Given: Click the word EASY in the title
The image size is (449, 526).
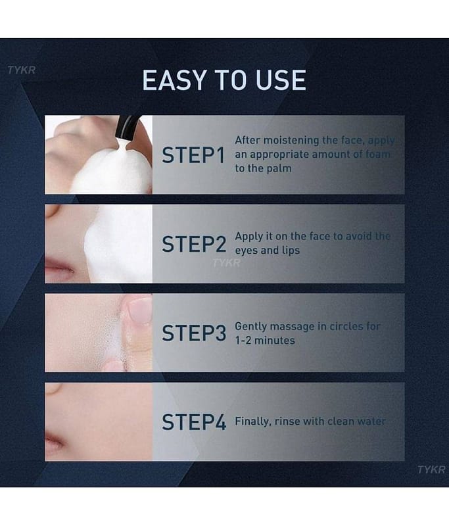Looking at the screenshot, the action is click(174, 80).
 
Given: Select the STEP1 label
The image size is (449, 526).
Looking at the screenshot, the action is click(193, 155).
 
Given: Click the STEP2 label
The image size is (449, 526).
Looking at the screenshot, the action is click(194, 244).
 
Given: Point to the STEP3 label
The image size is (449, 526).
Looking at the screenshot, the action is click(194, 333).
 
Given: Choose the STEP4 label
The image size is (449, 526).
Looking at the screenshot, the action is click(194, 421).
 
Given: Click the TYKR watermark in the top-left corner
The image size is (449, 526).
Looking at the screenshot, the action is click(22, 70).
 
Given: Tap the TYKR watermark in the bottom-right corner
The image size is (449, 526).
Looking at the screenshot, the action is click(431, 469).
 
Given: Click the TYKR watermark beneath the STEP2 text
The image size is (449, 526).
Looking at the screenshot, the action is click(226, 262).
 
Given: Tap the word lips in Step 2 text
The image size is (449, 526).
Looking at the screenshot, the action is click(290, 251).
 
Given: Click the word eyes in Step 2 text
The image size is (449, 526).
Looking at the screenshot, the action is click(246, 251).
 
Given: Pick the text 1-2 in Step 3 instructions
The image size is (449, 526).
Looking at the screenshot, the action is click(243, 341).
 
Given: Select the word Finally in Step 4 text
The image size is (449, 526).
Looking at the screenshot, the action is click(253, 421).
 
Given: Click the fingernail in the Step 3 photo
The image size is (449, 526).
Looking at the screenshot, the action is click(141, 310).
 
